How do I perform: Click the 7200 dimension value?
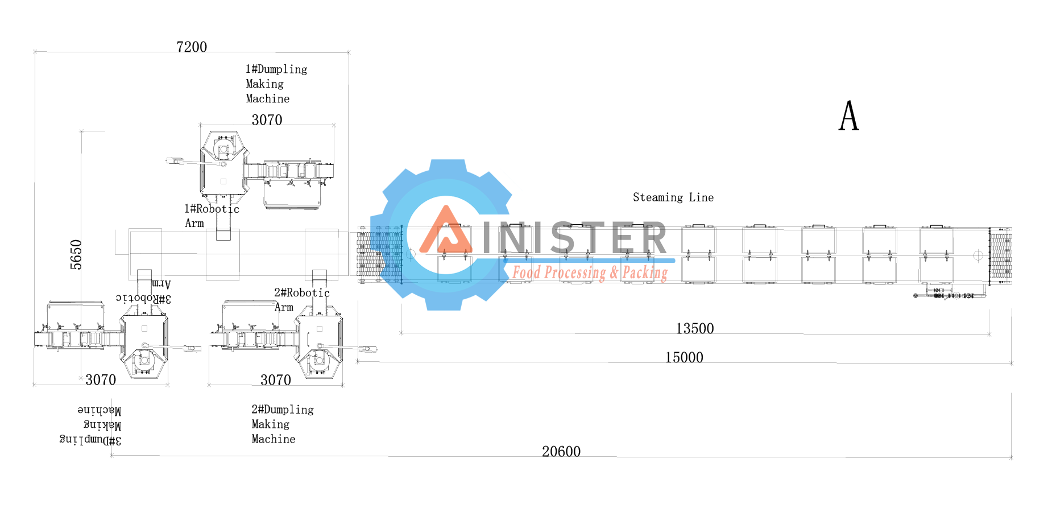pos(192,47)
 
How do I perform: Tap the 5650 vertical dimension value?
pos(76,254)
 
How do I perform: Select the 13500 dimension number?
pos(694,329)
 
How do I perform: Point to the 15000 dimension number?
pos(684,358)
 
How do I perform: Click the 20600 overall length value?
pos(561,452)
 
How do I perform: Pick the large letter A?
pos(848,117)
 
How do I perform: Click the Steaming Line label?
pos(673,197)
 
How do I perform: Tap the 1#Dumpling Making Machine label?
pos(276,84)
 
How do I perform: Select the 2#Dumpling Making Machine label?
pos(282,424)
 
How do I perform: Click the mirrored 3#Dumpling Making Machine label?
pos(91,425)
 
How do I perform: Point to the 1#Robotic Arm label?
pos(211,216)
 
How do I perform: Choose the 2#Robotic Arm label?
pos(301,300)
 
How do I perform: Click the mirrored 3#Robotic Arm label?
pos(143,291)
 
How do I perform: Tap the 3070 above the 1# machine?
pos(267,120)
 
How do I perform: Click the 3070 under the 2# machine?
pos(276,380)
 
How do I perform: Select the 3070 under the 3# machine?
pos(101,380)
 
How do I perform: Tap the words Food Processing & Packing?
pos(590,273)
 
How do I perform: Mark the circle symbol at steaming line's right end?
pos(978,255)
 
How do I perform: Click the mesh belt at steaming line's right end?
pos(1001,256)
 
